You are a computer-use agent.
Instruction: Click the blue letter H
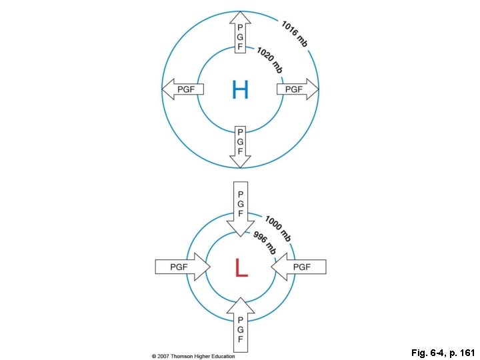point(240,89)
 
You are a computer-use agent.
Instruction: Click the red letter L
point(241,267)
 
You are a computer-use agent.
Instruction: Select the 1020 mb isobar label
point(269,61)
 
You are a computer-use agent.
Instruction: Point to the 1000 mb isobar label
point(278,227)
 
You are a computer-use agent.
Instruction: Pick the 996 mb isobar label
point(265,241)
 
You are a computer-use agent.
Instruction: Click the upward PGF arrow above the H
point(240,34)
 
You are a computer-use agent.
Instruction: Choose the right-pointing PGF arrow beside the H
point(297,89)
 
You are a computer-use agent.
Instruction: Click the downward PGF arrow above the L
point(240,207)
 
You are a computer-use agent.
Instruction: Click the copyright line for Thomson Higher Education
point(193,356)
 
